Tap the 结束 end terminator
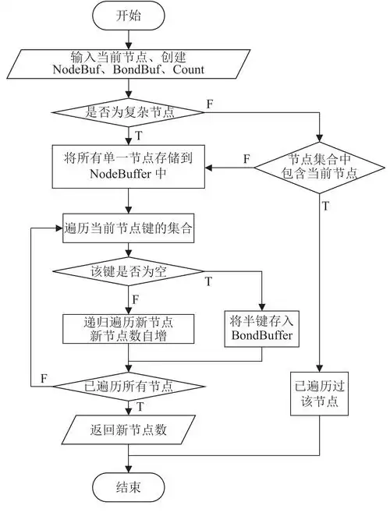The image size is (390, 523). pyautogui.click(x=129, y=488)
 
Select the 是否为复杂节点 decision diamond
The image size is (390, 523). pyautogui.click(x=129, y=112)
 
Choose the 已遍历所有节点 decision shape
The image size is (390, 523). pyautogui.click(x=129, y=385)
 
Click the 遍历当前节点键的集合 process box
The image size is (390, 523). pyautogui.click(x=129, y=230)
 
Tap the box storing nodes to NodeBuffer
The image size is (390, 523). pyautogui.click(x=129, y=166)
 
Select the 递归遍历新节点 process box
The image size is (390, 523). pyautogui.click(x=129, y=328)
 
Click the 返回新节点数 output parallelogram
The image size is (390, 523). pyautogui.click(x=129, y=430)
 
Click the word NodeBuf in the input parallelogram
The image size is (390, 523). pyautogui.click(x=77, y=70)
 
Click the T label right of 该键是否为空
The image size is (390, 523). pyautogui.click(x=209, y=280)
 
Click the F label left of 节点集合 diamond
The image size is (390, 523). pyautogui.click(x=246, y=158)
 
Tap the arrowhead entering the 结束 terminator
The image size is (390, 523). pyautogui.click(x=129, y=470)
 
